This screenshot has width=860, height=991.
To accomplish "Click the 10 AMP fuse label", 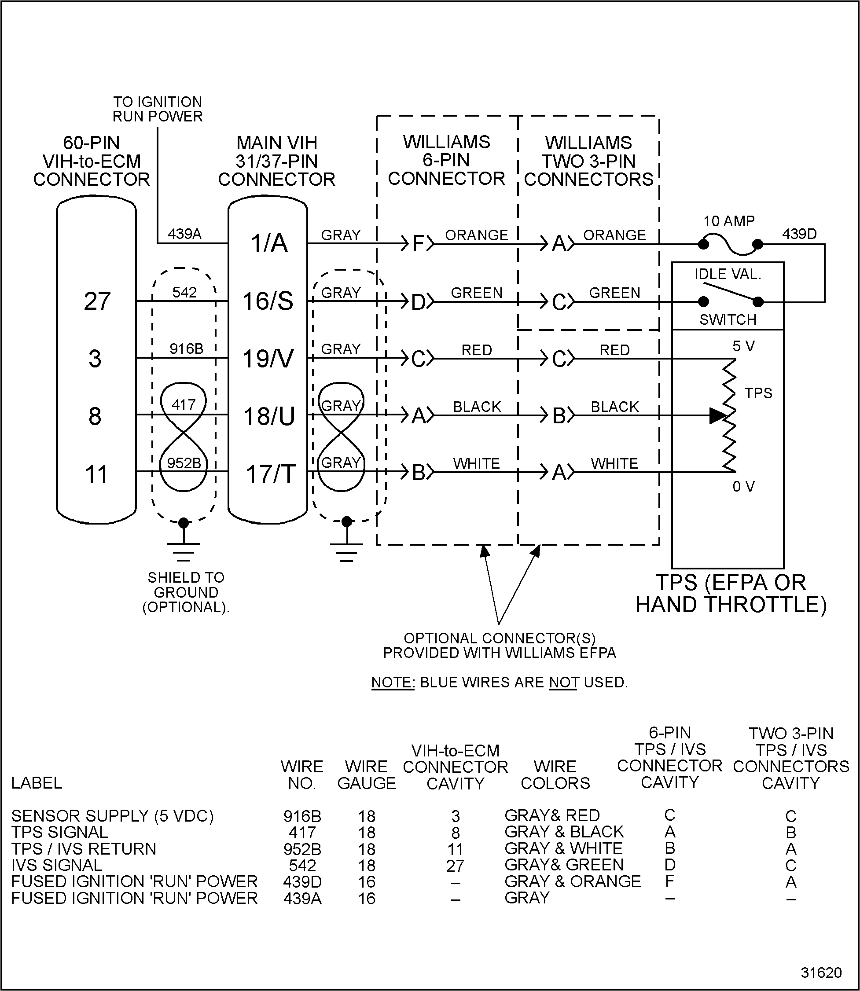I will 728,221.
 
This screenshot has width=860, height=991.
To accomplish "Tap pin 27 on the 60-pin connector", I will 97,301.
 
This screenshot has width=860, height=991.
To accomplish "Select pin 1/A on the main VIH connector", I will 269,243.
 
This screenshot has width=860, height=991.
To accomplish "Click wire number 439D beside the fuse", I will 799,234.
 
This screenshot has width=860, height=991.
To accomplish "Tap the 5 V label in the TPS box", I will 743,346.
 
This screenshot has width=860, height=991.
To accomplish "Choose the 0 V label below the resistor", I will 743,487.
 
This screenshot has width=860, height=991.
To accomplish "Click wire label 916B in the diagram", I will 186,349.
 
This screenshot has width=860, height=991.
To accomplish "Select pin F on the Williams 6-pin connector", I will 419,244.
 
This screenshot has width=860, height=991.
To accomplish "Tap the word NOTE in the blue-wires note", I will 393,683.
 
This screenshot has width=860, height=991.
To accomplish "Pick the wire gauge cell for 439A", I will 367,899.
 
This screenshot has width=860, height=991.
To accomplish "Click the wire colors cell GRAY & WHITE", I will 563,848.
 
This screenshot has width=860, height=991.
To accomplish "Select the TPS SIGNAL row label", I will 59,832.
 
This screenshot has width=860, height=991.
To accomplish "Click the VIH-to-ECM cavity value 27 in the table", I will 455,866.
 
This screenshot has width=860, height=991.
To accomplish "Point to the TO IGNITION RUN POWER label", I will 158,110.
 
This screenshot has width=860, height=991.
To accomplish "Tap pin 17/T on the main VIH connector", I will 271,474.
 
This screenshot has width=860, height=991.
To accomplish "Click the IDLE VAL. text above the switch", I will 728,274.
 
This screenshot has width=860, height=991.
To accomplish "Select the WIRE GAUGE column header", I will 367,775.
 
